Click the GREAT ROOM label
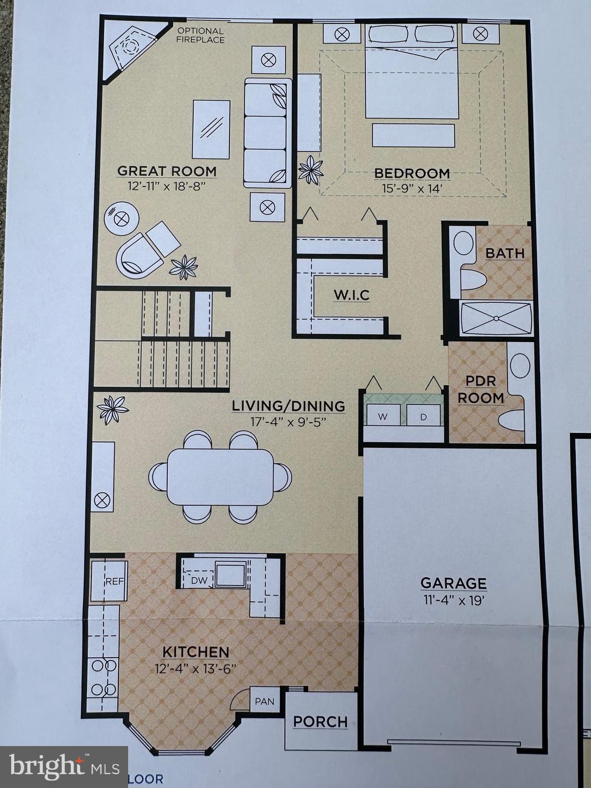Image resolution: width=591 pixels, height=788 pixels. (x=167, y=171)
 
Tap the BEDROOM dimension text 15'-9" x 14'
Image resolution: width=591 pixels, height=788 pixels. (x=412, y=188)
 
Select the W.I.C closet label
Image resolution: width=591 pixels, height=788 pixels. (x=351, y=295)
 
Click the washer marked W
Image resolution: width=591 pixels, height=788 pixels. (x=383, y=416)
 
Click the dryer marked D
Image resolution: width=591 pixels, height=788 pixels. (x=423, y=416)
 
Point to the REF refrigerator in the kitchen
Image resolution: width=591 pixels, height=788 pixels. (x=109, y=581)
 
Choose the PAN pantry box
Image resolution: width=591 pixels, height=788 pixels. (x=265, y=701)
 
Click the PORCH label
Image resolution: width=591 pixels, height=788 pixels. (x=321, y=722)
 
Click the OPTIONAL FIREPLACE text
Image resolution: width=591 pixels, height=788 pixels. (x=201, y=35)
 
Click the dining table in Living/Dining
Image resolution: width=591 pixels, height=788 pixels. (x=220, y=477)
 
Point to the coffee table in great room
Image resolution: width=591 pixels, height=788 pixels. (x=211, y=129)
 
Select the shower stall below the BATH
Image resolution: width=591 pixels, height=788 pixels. (x=496, y=319)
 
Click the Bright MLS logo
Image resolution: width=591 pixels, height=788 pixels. (x=64, y=766)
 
